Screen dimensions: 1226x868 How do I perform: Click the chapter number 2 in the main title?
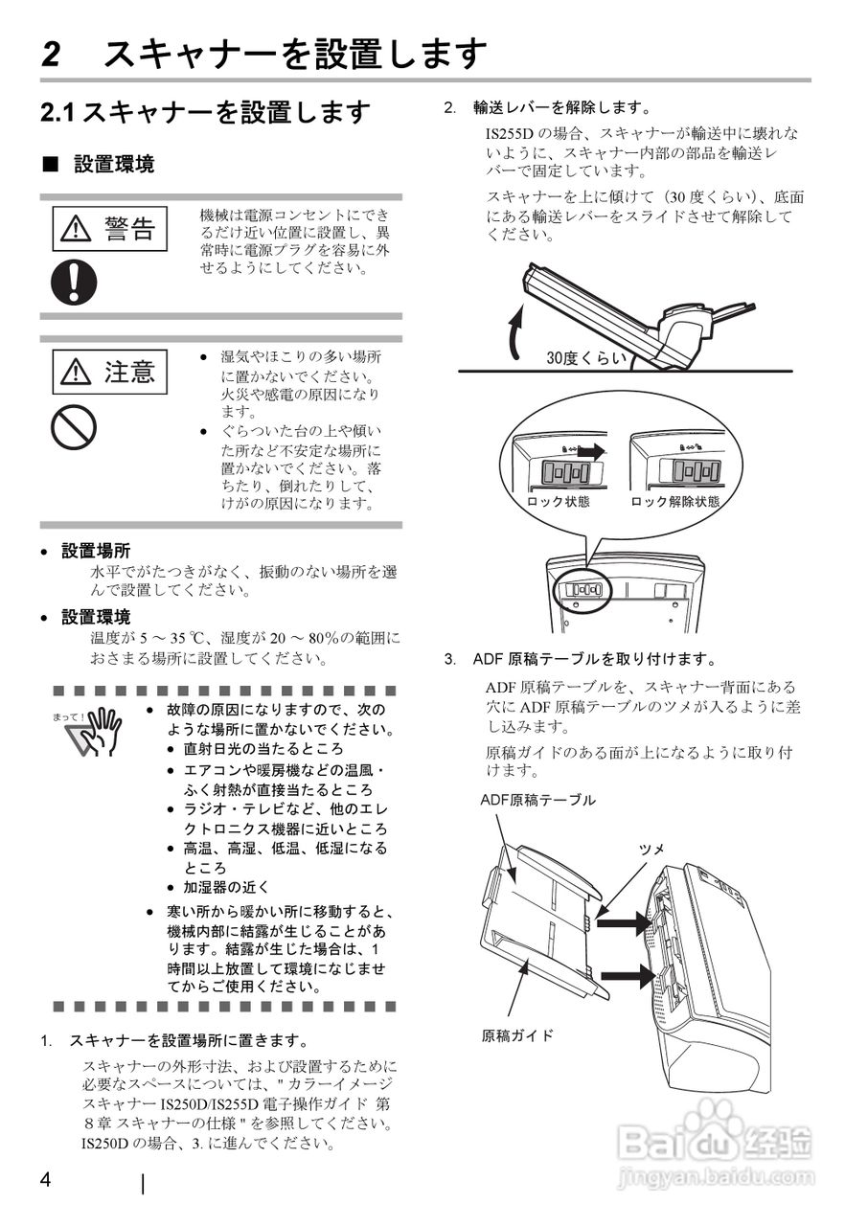point(53,54)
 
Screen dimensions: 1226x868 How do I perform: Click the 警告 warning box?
point(110,228)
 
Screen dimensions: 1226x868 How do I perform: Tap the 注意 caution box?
point(110,372)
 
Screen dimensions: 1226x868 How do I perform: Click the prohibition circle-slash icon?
point(74,427)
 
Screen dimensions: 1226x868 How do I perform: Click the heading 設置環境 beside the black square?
point(114,165)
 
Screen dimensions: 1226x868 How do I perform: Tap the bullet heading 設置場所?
point(96,551)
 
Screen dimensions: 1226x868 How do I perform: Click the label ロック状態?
point(558,501)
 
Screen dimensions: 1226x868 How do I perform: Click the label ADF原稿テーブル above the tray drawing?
point(537,799)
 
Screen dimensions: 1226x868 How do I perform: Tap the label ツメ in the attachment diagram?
point(651,849)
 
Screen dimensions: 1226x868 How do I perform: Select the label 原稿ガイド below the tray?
point(517,1035)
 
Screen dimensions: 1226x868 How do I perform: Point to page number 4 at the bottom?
point(45,1179)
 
